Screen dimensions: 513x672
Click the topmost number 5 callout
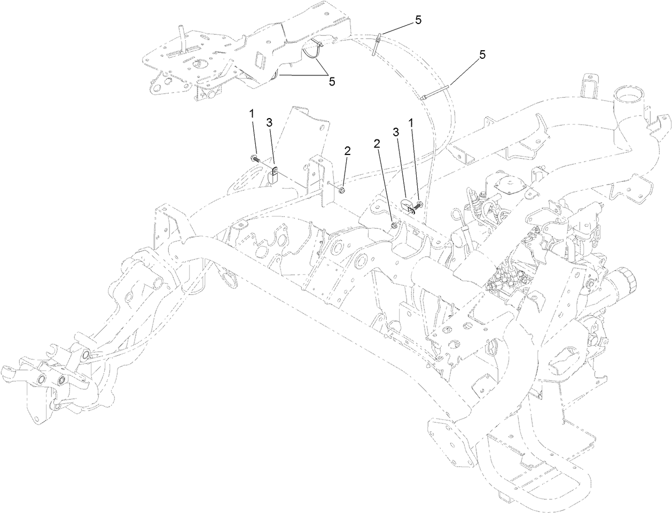[418, 20]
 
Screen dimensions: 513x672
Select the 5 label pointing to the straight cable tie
[483, 55]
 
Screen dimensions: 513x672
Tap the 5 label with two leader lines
[332, 81]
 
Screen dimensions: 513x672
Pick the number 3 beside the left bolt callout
[269, 123]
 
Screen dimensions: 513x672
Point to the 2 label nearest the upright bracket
[347, 151]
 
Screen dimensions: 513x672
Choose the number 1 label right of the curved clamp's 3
[411, 123]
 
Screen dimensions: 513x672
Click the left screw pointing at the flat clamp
[254, 158]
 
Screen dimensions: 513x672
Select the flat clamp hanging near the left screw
[274, 176]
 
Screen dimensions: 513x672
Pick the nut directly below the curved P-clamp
[394, 227]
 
